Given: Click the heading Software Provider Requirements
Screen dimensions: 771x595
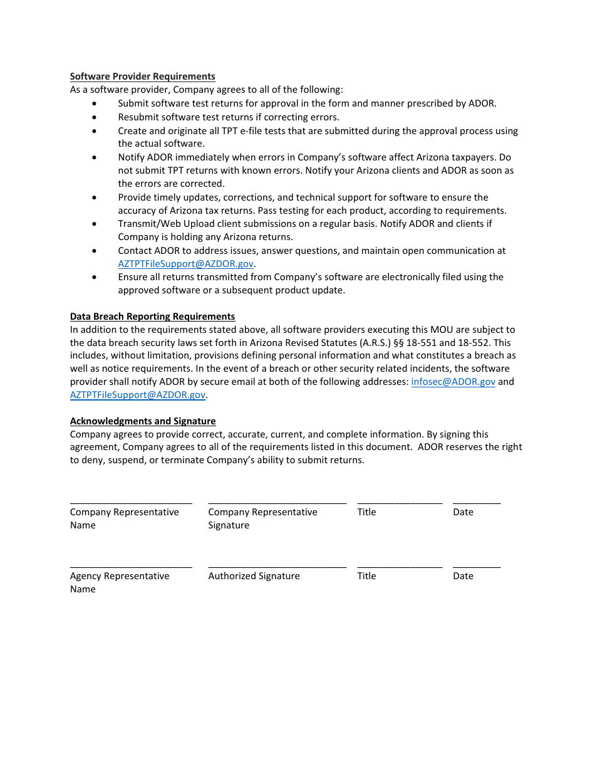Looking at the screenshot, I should [142, 76].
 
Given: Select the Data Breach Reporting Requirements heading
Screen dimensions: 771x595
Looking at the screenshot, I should [152, 317].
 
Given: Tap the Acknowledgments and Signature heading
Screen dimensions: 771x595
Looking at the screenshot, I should [143, 421].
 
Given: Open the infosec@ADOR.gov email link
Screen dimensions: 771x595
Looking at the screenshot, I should [453, 382].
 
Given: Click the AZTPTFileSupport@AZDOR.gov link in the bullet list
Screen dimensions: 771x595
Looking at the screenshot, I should [185, 264].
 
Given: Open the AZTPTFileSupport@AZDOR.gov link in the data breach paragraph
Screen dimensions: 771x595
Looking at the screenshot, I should [138, 395].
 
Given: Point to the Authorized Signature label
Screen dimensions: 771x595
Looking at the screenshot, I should [254, 576].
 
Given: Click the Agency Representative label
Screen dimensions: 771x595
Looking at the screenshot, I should [120, 576].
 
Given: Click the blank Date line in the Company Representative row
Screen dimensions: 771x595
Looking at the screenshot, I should [477, 503].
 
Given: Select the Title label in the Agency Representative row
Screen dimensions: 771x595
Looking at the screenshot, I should [366, 576].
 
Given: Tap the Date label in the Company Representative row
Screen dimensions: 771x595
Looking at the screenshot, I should [463, 512].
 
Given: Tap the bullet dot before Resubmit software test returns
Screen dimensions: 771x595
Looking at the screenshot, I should [95, 117].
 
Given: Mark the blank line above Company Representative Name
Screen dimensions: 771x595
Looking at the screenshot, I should [131, 503].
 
